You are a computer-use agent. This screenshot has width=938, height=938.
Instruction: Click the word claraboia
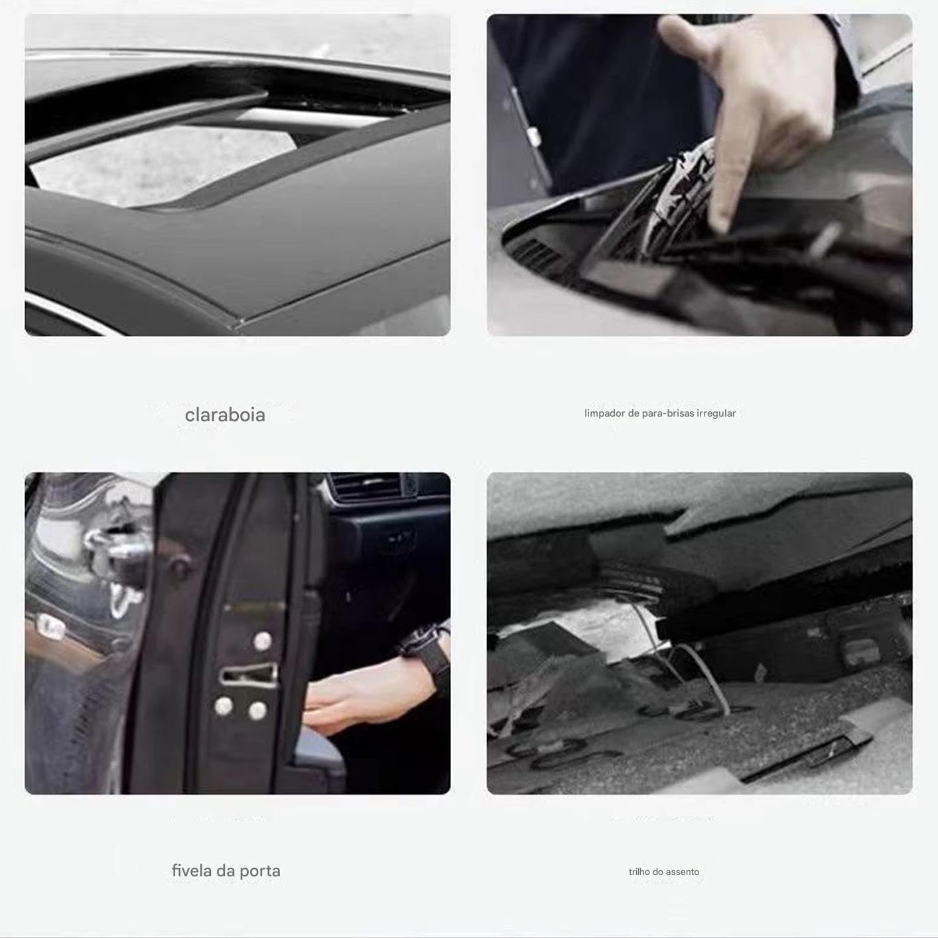coord(225,415)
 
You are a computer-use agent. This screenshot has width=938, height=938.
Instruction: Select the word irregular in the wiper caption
coord(716,413)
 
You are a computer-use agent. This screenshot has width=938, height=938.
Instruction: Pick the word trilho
coord(639,871)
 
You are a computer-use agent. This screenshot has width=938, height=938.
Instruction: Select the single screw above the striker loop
coord(263,641)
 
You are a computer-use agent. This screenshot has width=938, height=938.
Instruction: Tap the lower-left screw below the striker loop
coord(224,706)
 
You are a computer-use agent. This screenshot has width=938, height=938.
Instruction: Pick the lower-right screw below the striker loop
coord(257,711)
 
